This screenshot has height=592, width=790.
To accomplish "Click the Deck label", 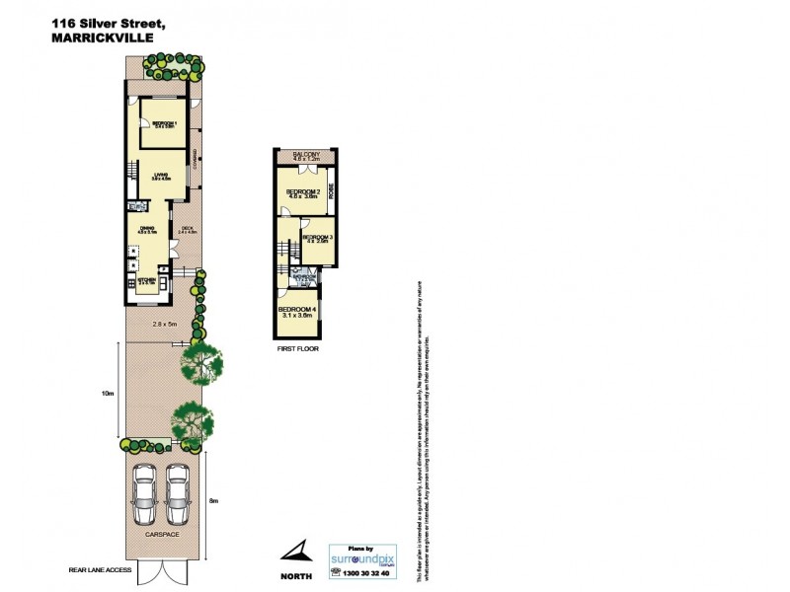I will tap(188, 231).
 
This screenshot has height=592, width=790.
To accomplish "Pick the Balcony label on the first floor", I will tap(305, 156).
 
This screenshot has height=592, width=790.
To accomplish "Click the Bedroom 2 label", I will tap(302, 192).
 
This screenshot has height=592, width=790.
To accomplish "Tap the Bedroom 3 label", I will tap(316, 238).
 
